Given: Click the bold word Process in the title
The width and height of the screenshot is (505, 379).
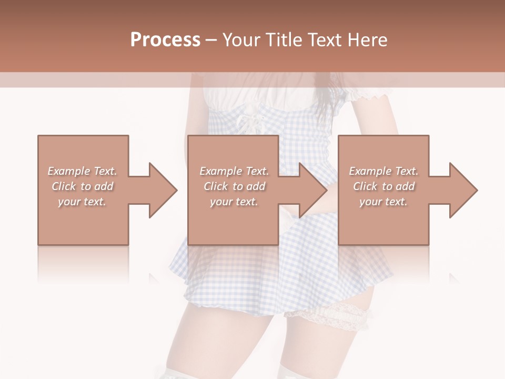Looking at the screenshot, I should tap(165, 40).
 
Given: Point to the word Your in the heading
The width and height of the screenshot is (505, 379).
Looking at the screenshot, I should tap(243, 40).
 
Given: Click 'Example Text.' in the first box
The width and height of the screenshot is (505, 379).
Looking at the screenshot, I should tap(82, 171).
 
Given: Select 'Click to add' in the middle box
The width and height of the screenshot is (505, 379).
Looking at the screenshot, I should tap(234, 186).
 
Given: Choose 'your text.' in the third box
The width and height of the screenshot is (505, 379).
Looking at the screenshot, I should tap(383, 202).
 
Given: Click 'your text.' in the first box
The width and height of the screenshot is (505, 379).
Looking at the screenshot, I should tap(82, 202).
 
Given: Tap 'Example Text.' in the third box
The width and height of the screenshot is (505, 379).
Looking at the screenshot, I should tap(383, 171).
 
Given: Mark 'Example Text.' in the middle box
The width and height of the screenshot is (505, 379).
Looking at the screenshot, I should tap(234, 171).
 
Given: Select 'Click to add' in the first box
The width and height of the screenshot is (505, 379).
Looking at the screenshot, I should tap(82, 186).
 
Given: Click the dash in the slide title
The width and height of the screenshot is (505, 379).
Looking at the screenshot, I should tap(211, 40).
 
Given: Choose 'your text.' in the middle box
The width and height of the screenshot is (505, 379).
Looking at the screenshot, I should tap(234, 202).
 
